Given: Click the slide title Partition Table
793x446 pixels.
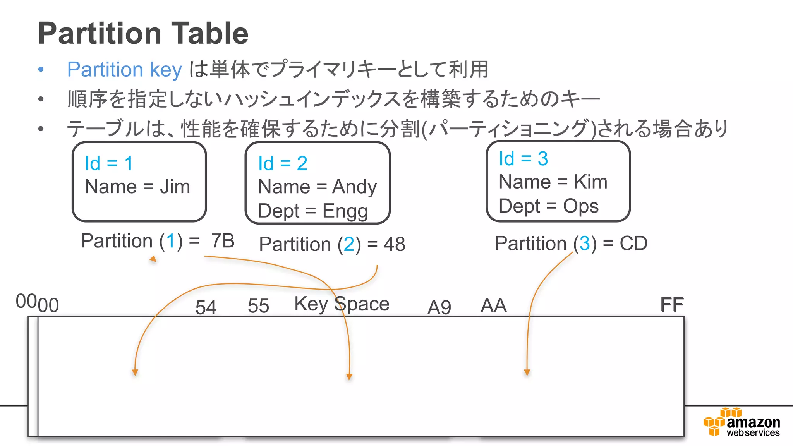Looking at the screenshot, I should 143,34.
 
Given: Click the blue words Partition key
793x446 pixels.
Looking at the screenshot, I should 124,70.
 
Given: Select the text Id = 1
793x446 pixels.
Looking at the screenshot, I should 109,163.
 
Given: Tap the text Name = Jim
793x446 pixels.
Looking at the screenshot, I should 137,187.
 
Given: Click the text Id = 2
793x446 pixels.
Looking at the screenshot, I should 283,163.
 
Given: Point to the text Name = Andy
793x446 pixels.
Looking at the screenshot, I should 317,187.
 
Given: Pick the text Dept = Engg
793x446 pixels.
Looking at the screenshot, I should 312,211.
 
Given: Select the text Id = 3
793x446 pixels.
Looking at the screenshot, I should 523,159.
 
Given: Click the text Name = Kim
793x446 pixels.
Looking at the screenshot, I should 553,182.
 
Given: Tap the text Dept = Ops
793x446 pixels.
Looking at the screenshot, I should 549,206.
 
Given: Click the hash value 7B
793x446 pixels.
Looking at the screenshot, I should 223,241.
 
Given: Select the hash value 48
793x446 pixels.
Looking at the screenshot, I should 394,244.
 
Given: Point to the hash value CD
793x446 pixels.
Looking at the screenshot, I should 633,244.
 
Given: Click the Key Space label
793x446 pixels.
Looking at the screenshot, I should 342,304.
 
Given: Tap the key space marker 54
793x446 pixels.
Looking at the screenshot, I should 206,307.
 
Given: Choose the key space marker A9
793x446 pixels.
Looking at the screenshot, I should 439,308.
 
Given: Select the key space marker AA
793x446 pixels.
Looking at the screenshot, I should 493,306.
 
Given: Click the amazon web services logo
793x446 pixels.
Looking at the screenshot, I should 742,423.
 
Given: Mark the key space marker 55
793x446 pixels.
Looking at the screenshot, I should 258,306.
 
